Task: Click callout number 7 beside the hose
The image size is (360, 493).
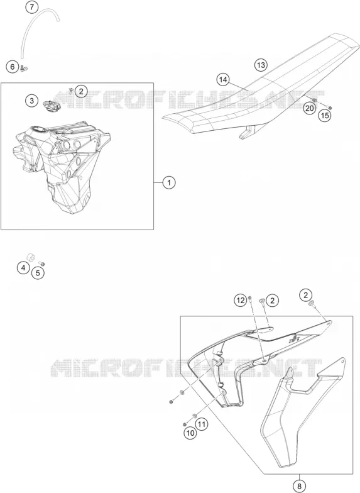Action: pos(31,7)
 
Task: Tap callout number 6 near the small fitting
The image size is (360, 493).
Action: pos(13,67)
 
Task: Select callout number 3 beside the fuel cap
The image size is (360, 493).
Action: pos(31,101)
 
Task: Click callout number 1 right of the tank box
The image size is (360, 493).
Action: pos(169,182)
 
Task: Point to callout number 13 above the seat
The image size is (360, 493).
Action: pos(260,65)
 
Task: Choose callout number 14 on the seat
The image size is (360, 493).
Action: pos(223,80)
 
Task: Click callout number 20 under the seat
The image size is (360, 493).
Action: pos(309,108)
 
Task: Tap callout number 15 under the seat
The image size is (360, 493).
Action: pos(325,116)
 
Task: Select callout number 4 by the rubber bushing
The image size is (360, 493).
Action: pos(23,268)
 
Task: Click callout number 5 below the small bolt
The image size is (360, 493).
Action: pos(38,273)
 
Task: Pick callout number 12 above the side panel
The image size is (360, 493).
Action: pos(241,301)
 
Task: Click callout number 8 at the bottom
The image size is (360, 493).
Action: pos(299,487)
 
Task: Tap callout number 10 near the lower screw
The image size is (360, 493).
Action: pos(190,433)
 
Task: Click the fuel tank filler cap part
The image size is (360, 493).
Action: pos(52,106)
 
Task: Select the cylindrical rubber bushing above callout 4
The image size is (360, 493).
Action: pos(31,257)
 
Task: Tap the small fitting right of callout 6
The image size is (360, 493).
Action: pos(24,68)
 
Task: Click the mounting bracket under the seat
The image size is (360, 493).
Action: pos(248,132)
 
